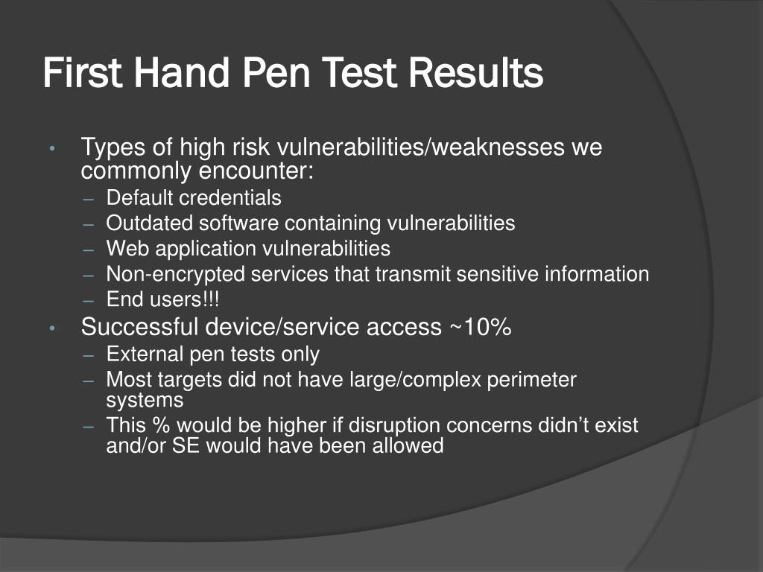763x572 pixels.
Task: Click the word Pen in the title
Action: [x=276, y=72]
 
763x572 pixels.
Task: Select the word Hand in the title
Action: [x=181, y=72]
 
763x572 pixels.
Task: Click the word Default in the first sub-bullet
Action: [x=139, y=197]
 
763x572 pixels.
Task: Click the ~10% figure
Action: [x=480, y=326]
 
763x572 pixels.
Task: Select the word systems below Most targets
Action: [x=145, y=400]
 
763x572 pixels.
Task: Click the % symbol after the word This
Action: [x=161, y=425]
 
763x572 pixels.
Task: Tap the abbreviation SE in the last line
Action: [x=186, y=445]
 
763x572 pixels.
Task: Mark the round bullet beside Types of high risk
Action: [x=53, y=148]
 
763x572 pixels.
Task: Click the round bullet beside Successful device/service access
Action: [x=53, y=328]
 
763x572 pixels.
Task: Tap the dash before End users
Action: [x=88, y=301]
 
